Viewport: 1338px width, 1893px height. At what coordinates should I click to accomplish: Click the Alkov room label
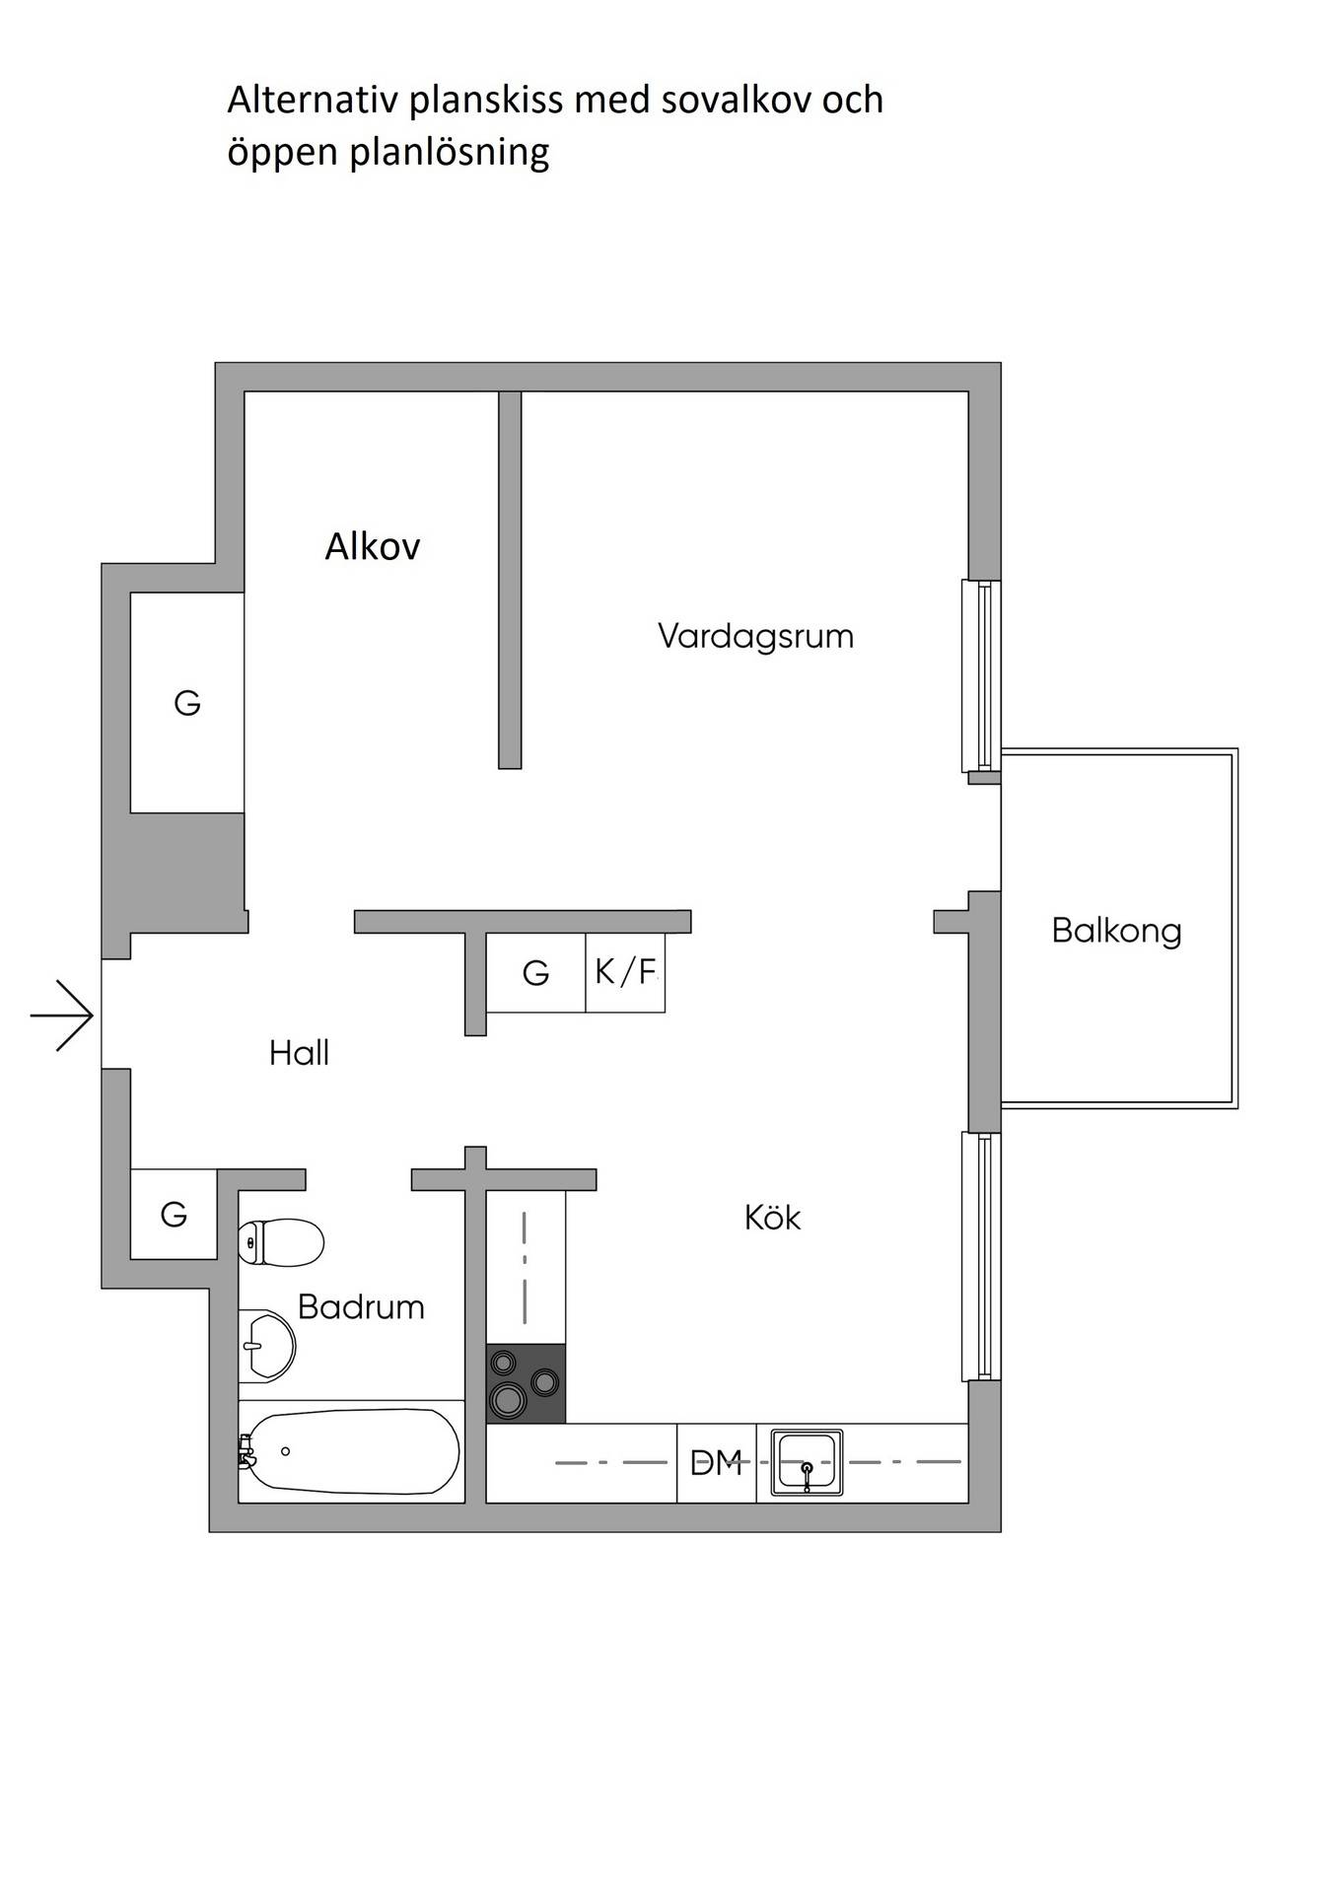point(373,545)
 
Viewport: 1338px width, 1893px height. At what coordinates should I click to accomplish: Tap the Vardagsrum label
point(755,636)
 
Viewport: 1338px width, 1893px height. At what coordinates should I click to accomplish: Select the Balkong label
point(1116,930)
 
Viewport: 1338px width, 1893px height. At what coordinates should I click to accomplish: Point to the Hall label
point(299,1053)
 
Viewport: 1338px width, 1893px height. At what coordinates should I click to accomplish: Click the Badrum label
point(361,1306)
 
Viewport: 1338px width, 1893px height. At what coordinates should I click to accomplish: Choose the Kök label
point(772,1218)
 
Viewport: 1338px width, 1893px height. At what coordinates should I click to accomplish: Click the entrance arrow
point(62,1015)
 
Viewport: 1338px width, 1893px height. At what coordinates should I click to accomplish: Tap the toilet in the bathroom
point(281,1242)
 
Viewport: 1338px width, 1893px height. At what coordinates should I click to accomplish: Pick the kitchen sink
point(807,1463)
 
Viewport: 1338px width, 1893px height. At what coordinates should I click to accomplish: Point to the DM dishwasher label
point(716,1462)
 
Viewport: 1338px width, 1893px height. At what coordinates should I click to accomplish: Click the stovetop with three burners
point(526,1383)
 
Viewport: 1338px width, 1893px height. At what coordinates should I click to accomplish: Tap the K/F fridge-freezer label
point(625,972)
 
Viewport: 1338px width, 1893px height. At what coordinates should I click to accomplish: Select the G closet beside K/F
point(535,973)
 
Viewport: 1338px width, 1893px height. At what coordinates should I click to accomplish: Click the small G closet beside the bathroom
point(174,1214)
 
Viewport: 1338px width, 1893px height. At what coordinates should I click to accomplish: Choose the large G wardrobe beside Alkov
point(187,703)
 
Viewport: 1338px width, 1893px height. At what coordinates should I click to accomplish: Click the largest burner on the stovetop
point(509,1398)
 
